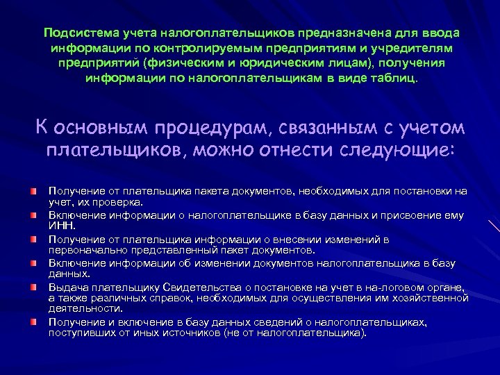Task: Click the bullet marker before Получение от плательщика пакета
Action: pyautogui.click(x=33, y=190)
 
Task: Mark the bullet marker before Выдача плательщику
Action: pyautogui.click(x=33, y=287)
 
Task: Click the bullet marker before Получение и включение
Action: pyautogui.click(x=33, y=322)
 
